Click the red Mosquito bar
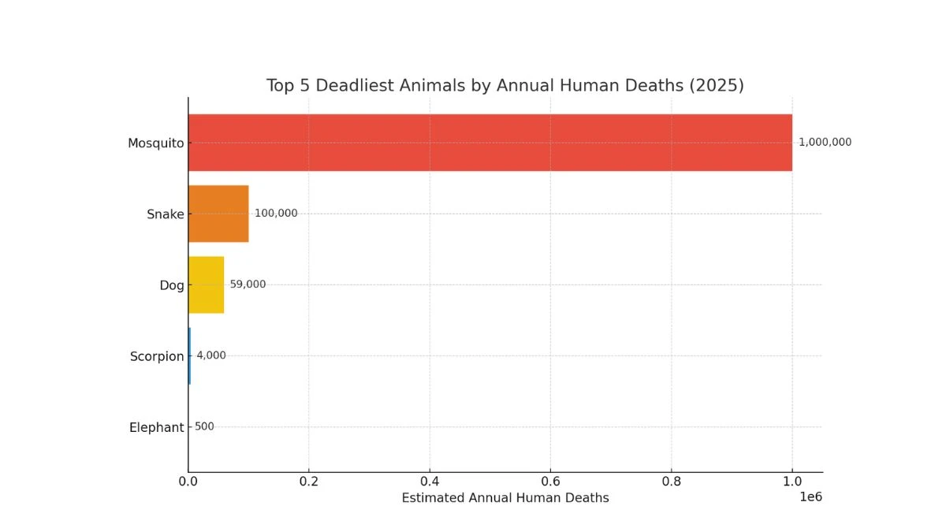click(x=490, y=143)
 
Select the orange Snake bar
click(x=218, y=214)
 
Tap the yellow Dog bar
click(x=206, y=285)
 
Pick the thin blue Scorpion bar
click(x=190, y=355)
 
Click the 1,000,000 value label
click(x=825, y=143)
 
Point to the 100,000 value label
click(x=276, y=214)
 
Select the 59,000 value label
click(x=248, y=285)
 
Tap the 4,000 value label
click(x=211, y=355)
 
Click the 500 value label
click(x=204, y=427)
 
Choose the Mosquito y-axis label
click(x=155, y=143)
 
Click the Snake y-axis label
click(x=165, y=214)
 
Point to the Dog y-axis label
click(x=171, y=285)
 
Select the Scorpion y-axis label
click(x=157, y=357)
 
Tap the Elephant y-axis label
click(x=156, y=428)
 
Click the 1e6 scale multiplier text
click(x=810, y=497)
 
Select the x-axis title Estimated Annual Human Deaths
click(x=505, y=498)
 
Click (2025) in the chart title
click(x=716, y=85)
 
